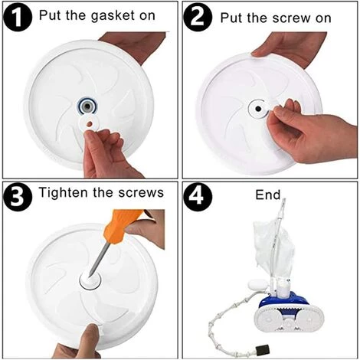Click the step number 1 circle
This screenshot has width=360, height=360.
pos(18,17)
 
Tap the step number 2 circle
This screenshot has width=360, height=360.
pos(198,18)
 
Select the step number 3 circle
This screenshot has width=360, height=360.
pos(18,197)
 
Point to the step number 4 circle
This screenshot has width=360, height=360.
pos(198,197)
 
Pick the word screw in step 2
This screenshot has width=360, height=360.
pos(292,18)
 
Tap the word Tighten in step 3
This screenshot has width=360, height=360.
pos(64,192)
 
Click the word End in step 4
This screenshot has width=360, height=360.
pos(267,195)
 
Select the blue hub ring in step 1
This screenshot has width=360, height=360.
pos(88,106)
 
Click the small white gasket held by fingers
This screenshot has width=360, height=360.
pos(89,123)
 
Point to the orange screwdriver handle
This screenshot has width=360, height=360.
pos(121,224)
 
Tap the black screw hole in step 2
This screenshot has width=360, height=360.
pos(258,109)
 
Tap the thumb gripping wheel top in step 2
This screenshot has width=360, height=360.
pos(260,52)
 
